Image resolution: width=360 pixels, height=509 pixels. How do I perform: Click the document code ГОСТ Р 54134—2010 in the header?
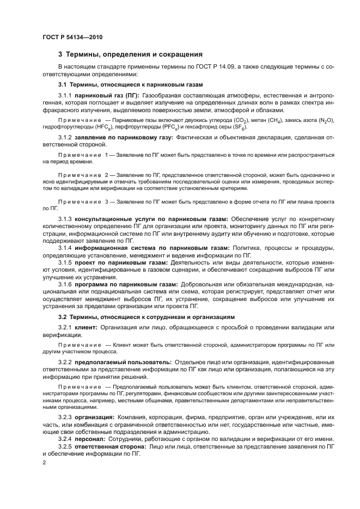point(72,37)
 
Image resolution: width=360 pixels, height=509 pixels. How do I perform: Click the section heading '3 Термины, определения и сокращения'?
point(131,54)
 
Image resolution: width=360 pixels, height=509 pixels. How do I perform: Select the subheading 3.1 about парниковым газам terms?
point(130,85)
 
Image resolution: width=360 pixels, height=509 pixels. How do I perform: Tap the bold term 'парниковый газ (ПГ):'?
point(107,95)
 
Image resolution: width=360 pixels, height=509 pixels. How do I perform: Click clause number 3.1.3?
point(65,219)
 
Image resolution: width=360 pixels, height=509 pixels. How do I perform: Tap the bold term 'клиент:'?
point(86,327)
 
